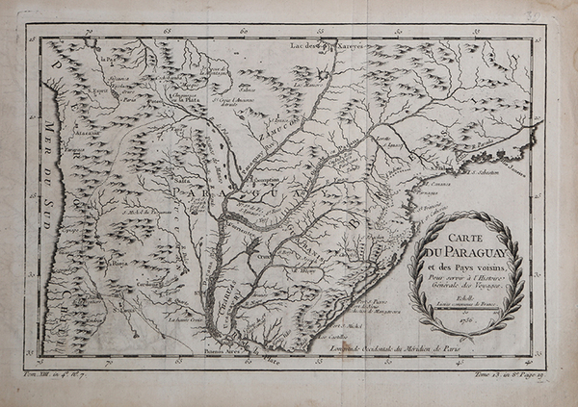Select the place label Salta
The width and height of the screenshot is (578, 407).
click(x=181, y=177)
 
